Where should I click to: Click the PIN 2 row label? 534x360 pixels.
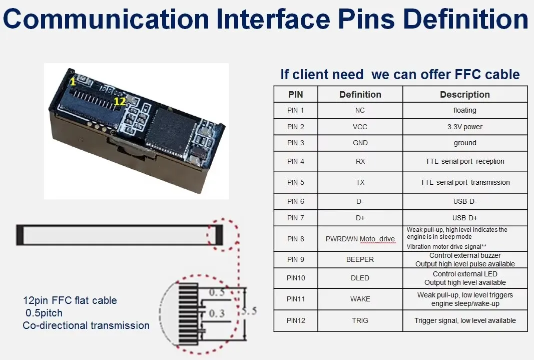[295, 127]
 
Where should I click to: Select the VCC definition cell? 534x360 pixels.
[360, 127]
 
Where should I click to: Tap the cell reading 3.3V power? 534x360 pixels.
[464, 127]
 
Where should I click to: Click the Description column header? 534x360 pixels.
[464, 95]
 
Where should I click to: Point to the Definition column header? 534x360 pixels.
[360, 95]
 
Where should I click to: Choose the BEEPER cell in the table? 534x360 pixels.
[360, 259]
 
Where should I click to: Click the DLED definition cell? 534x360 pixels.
[360, 278]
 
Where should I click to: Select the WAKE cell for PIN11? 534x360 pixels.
[360, 299]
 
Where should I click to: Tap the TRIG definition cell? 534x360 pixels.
[360, 320]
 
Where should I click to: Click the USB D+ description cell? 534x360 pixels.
[464, 218]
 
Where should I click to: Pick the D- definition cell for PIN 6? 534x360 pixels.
[360, 201]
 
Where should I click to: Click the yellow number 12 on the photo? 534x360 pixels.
[119, 101]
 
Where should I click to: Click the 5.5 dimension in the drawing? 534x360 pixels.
[250, 311]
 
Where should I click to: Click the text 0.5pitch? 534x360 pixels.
[44, 313]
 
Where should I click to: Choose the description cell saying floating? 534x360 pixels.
[464, 110]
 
